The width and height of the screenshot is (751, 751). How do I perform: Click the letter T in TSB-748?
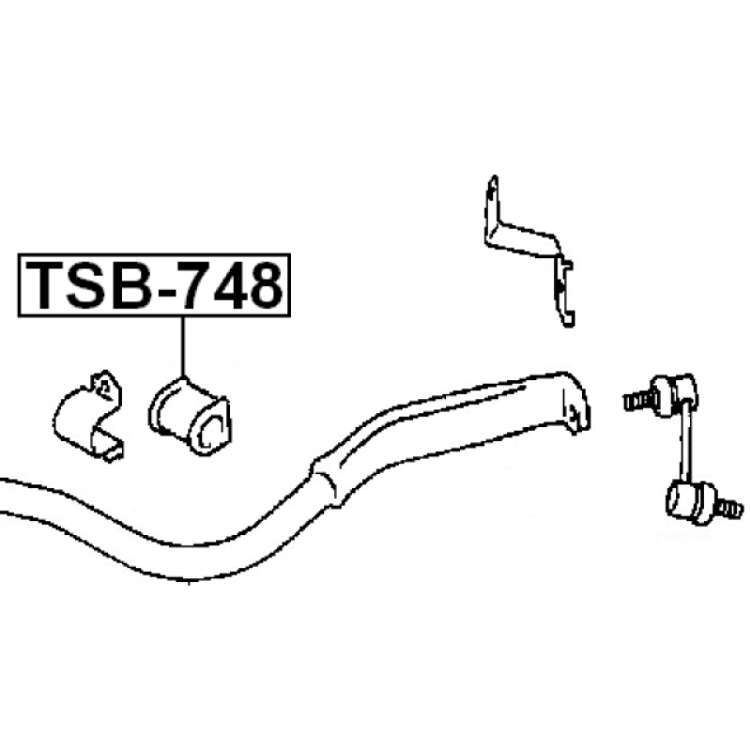[45, 285]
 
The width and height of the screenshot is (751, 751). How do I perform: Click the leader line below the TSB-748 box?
[182, 346]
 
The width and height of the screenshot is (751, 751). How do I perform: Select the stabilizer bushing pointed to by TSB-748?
[191, 416]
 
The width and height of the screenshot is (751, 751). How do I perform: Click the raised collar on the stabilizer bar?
[326, 481]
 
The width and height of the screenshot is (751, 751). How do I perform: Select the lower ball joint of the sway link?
[690, 504]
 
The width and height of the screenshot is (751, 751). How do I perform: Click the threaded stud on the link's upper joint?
[637, 401]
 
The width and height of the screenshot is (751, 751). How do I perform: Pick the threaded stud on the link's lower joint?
[728, 509]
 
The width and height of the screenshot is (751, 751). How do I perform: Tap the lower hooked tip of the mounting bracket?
[568, 318]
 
